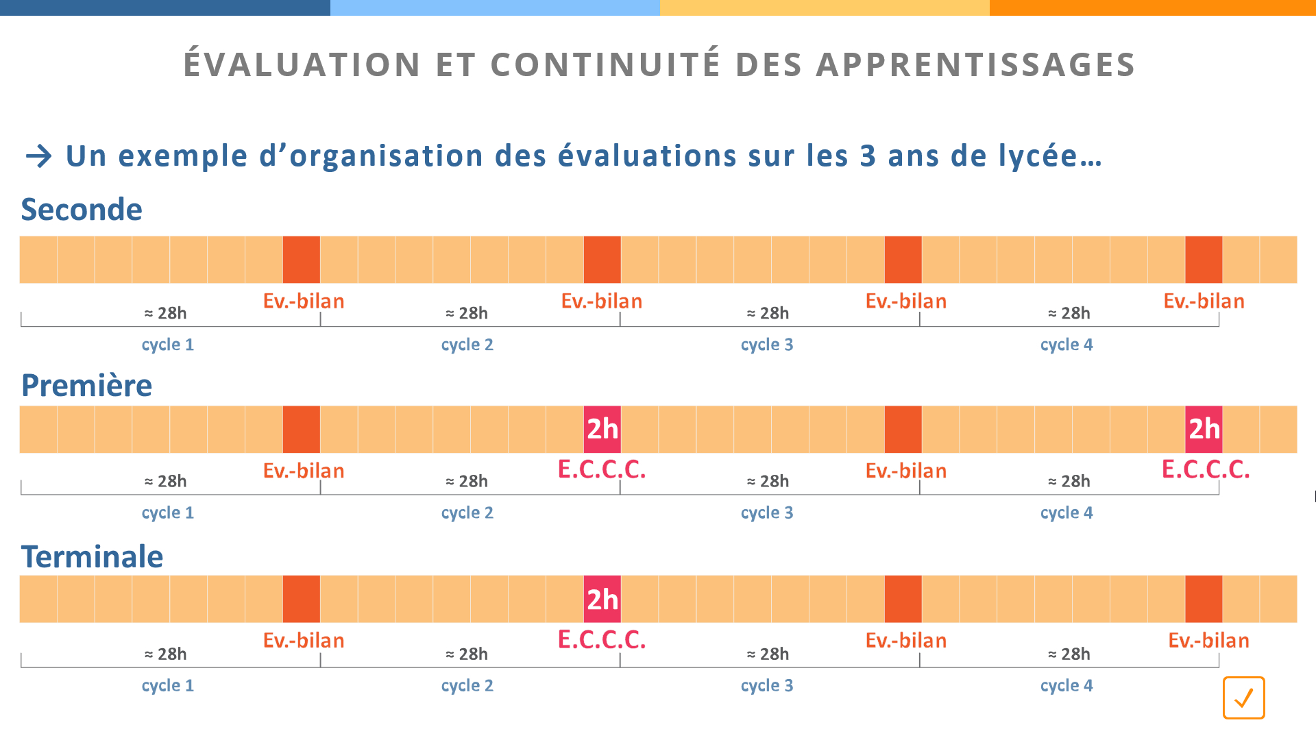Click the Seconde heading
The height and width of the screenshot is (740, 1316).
pyautogui.click(x=82, y=210)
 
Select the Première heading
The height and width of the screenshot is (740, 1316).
pyautogui.click(x=86, y=386)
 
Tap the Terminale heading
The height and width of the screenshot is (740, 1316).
pyautogui.click(x=92, y=557)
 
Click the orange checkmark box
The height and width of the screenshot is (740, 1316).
pyautogui.click(x=1243, y=698)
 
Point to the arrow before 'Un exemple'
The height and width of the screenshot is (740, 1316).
pyautogui.click(x=39, y=156)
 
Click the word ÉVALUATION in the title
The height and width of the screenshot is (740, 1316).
pyautogui.click(x=302, y=64)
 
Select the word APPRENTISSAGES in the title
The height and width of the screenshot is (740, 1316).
pyautogui.click(x=976, y=64)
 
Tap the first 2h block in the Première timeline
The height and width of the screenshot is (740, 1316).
pyautogui.click(x=602, y=430)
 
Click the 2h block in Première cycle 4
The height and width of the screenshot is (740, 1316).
pyautogui.click(x=1204, y=430)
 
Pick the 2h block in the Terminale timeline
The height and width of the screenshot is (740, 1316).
pyautogui.click(x=602, y=600)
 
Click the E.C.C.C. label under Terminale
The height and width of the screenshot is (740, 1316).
pyautogui.click(x=602, y=640)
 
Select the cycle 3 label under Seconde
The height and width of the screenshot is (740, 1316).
pyautogui.click(x=767, y=345)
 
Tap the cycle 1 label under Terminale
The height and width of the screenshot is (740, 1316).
pyautogui.click(x=168, y=685)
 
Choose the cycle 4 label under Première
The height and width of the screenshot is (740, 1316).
pyautogui.click(x=1067, y=513)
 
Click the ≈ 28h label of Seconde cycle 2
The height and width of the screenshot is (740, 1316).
pyautogui.click(x=467, y=313)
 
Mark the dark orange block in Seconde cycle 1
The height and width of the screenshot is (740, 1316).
pyautogui.click(x=302, y=260)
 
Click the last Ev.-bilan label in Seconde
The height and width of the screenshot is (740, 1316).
pyautogui.click(x=1204, y=301)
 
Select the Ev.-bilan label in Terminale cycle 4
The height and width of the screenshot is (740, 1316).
pyautogui.click(x=1208, y=641)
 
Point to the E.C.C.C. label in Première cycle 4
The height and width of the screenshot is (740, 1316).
pyautogui.click(x=1206, y=470)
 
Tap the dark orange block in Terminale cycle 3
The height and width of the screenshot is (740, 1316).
pyautogui.click(x=903, y=600)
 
